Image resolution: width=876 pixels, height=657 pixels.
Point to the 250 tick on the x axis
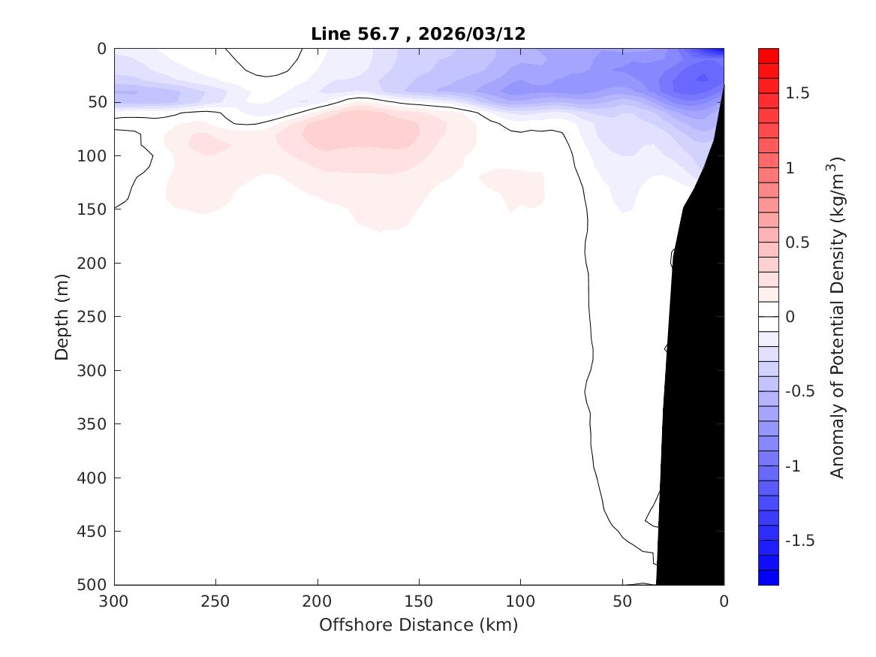(215, 602)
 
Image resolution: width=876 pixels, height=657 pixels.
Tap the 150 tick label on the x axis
(419, 602)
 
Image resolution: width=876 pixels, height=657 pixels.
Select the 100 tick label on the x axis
(520, 602)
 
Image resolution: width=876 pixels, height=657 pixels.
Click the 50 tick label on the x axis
(622, 602)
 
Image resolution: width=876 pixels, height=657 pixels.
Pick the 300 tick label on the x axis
(114, 602)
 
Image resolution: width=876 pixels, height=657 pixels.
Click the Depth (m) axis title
(62, 316)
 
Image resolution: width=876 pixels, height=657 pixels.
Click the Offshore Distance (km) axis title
(418, 625)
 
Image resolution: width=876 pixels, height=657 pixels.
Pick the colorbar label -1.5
(797, 541)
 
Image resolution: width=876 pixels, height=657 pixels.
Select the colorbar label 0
(790, 317)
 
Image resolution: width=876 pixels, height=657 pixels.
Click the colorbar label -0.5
(797, 391)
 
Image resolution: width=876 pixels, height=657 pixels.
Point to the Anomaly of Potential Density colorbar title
(838, 317)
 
